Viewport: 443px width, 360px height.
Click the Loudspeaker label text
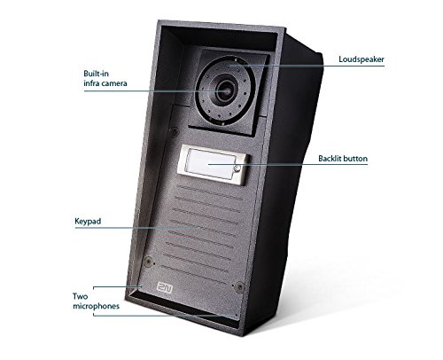[x=361, y=59]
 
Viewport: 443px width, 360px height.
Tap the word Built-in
[x=96, y=74]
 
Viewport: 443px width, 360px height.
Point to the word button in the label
[x=354, y=159]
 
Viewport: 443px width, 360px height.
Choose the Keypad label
[x=88, y=222]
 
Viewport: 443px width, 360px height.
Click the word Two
[x=80, y=296]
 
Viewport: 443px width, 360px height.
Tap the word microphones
[x=96, y=306]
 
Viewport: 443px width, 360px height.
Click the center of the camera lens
[x=225, y=90]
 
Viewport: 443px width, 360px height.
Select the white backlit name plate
[x=210, y=164]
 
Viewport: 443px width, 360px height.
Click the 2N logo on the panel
[x=165, y=287]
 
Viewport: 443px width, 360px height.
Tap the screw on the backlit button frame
[x=237, y=168]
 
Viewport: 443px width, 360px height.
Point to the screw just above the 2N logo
[x=148, y=262]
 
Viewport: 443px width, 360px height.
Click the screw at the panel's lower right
[x=239, y=286]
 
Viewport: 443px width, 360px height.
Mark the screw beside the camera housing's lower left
[x=174, y=131]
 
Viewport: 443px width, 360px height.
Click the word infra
[x=90, y=83]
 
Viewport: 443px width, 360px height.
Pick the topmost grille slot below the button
[x=211, y=192]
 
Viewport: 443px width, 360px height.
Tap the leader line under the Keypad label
[x=137, y=228]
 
